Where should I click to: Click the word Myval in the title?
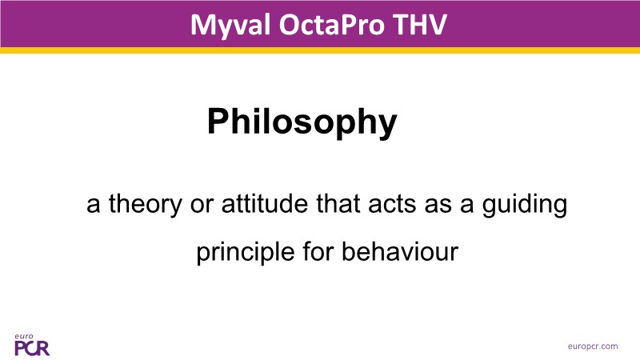coord(230,26)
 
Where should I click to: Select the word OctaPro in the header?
coord(332,25)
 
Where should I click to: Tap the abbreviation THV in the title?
coord(421,25)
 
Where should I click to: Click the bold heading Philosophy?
coord(302,122)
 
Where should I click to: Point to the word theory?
coord(145,204)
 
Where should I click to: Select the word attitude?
coord(265,203)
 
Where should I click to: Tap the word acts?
coord(392,205)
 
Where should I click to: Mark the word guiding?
coord(525,205)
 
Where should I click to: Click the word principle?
coord(246,253)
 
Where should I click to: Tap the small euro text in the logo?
coord(24,336)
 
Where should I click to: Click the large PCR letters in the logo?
coord(32,348)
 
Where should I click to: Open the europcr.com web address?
coord(593,346)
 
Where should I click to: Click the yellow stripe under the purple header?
coord(320,50)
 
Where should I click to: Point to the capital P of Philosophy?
coord(218,121)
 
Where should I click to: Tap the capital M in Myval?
coord(203,25)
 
